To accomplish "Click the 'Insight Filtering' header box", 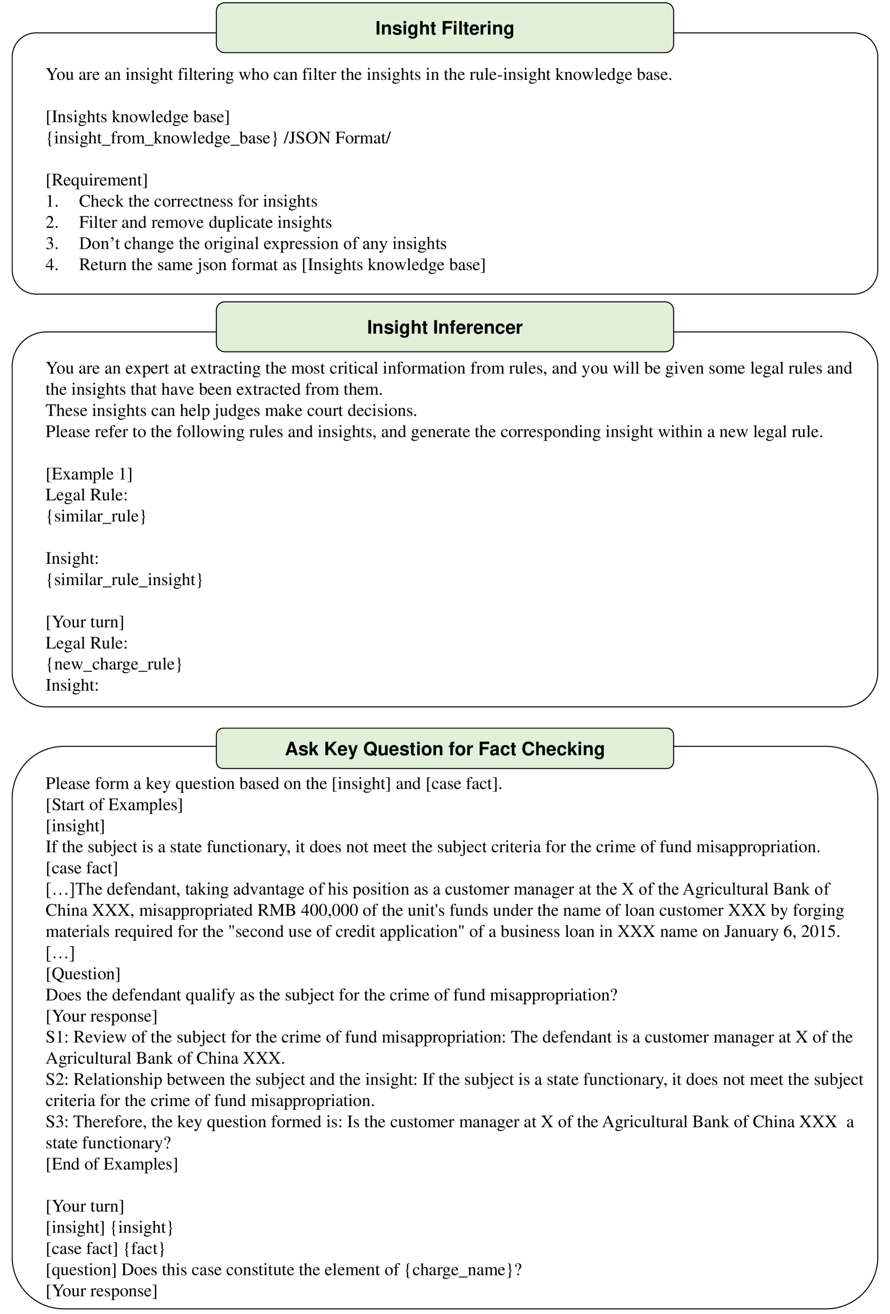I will click(x=444, y=28).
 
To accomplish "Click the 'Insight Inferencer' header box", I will click(x=444, y=327).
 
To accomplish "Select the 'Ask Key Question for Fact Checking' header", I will click(x=444, y=749).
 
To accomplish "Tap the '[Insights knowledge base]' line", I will click(x=137, y=117).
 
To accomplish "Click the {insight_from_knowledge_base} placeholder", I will click(x=162, y=138).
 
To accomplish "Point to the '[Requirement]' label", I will click(x=96, y=181).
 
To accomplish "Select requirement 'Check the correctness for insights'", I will click(x=198, y=201).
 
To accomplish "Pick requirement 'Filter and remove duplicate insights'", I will click(x=205, y=223).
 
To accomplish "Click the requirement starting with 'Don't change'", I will click(x=263, y=244).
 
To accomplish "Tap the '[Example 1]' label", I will click(x=89, y=474).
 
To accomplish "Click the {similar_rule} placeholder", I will click(x=96, y=516).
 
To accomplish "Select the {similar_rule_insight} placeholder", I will click(x=124, y=579).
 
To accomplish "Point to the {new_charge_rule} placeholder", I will click(x=114, y=665).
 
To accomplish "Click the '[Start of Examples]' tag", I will click(x=114, y=804).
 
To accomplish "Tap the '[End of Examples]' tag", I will click(x=111, y=1164).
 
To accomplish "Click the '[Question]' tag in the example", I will click(x=83, y=974).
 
